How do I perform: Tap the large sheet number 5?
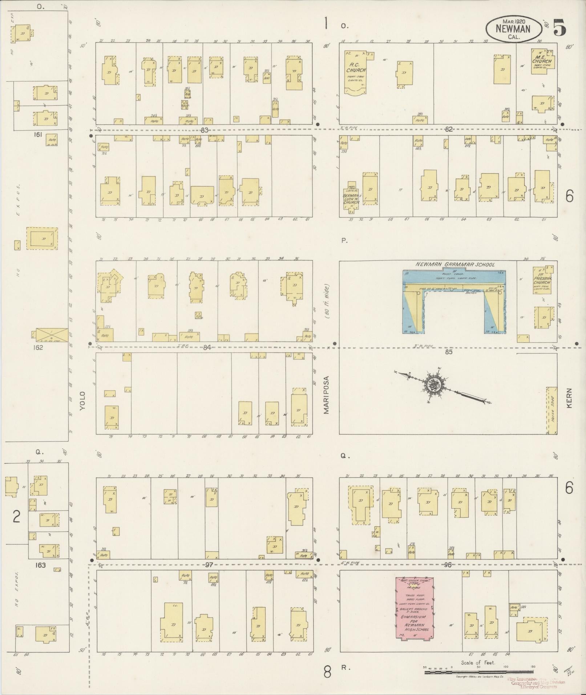click(x=559, y=28)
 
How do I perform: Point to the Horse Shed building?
click(x=552, y=410)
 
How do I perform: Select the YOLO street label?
click(x=83, y=401)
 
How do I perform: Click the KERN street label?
click(x=569, y=398)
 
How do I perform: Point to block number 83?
click(x=205, y=130)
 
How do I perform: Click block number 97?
click(x=208, y=565)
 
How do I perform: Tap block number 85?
click(x=449, y=352)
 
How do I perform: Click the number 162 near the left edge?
click(x=38, y=347)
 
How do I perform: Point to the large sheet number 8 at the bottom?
click(x=327, y=672)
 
